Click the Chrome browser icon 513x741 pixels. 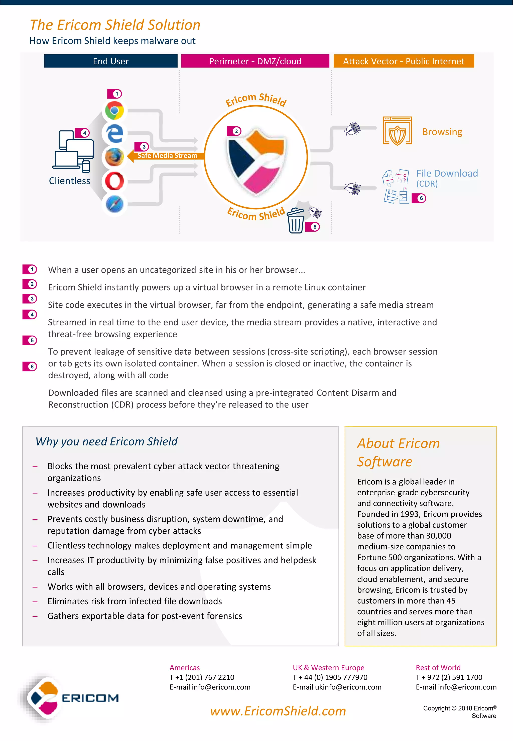(114, 110)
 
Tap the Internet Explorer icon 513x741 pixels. (115, 133)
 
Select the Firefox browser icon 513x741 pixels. (114, 157)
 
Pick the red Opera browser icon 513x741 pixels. (114, 181)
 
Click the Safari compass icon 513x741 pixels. (114, 204)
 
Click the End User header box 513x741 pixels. (110, 61)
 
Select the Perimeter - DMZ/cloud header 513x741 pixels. (255, 61)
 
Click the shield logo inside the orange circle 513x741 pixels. (256, 161)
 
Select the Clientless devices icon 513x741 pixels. (73, 151)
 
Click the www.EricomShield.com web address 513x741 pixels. (278, 711)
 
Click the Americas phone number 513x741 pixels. (202, 677)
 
